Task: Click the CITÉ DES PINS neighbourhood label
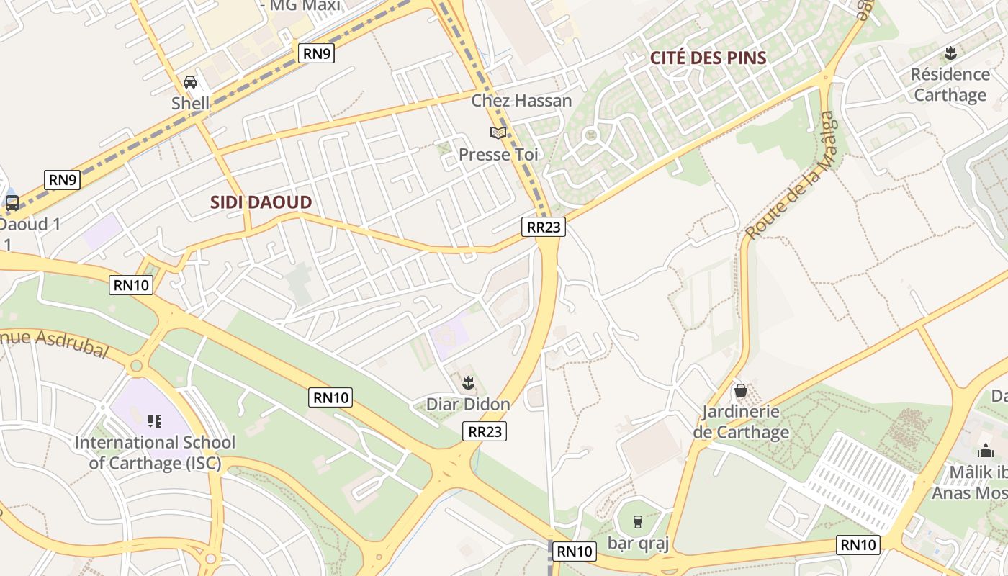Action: tap(708, 58)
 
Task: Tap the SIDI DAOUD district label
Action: tap(261, 202)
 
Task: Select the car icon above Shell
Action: tap(190, 82)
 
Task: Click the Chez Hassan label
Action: tap(521, 101)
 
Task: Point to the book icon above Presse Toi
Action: tap(498, 132)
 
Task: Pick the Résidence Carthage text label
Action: tap(950, 85)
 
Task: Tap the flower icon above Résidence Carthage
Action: tap(950, 53)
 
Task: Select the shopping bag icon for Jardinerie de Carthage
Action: tap(740, 391)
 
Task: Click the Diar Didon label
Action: tap(468, 405)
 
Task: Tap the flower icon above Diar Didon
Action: tap(468, 382)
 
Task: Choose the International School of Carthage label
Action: tap(155, 452)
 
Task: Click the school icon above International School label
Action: tap(154, 420)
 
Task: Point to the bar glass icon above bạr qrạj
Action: tap(637, 521)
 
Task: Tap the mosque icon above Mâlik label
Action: tap(985, 451)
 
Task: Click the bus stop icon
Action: tap(12, 203)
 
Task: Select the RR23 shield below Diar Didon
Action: tap(485, 431)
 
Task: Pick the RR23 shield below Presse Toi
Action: tap(543, 227)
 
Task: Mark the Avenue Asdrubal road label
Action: tap(54, 342)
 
